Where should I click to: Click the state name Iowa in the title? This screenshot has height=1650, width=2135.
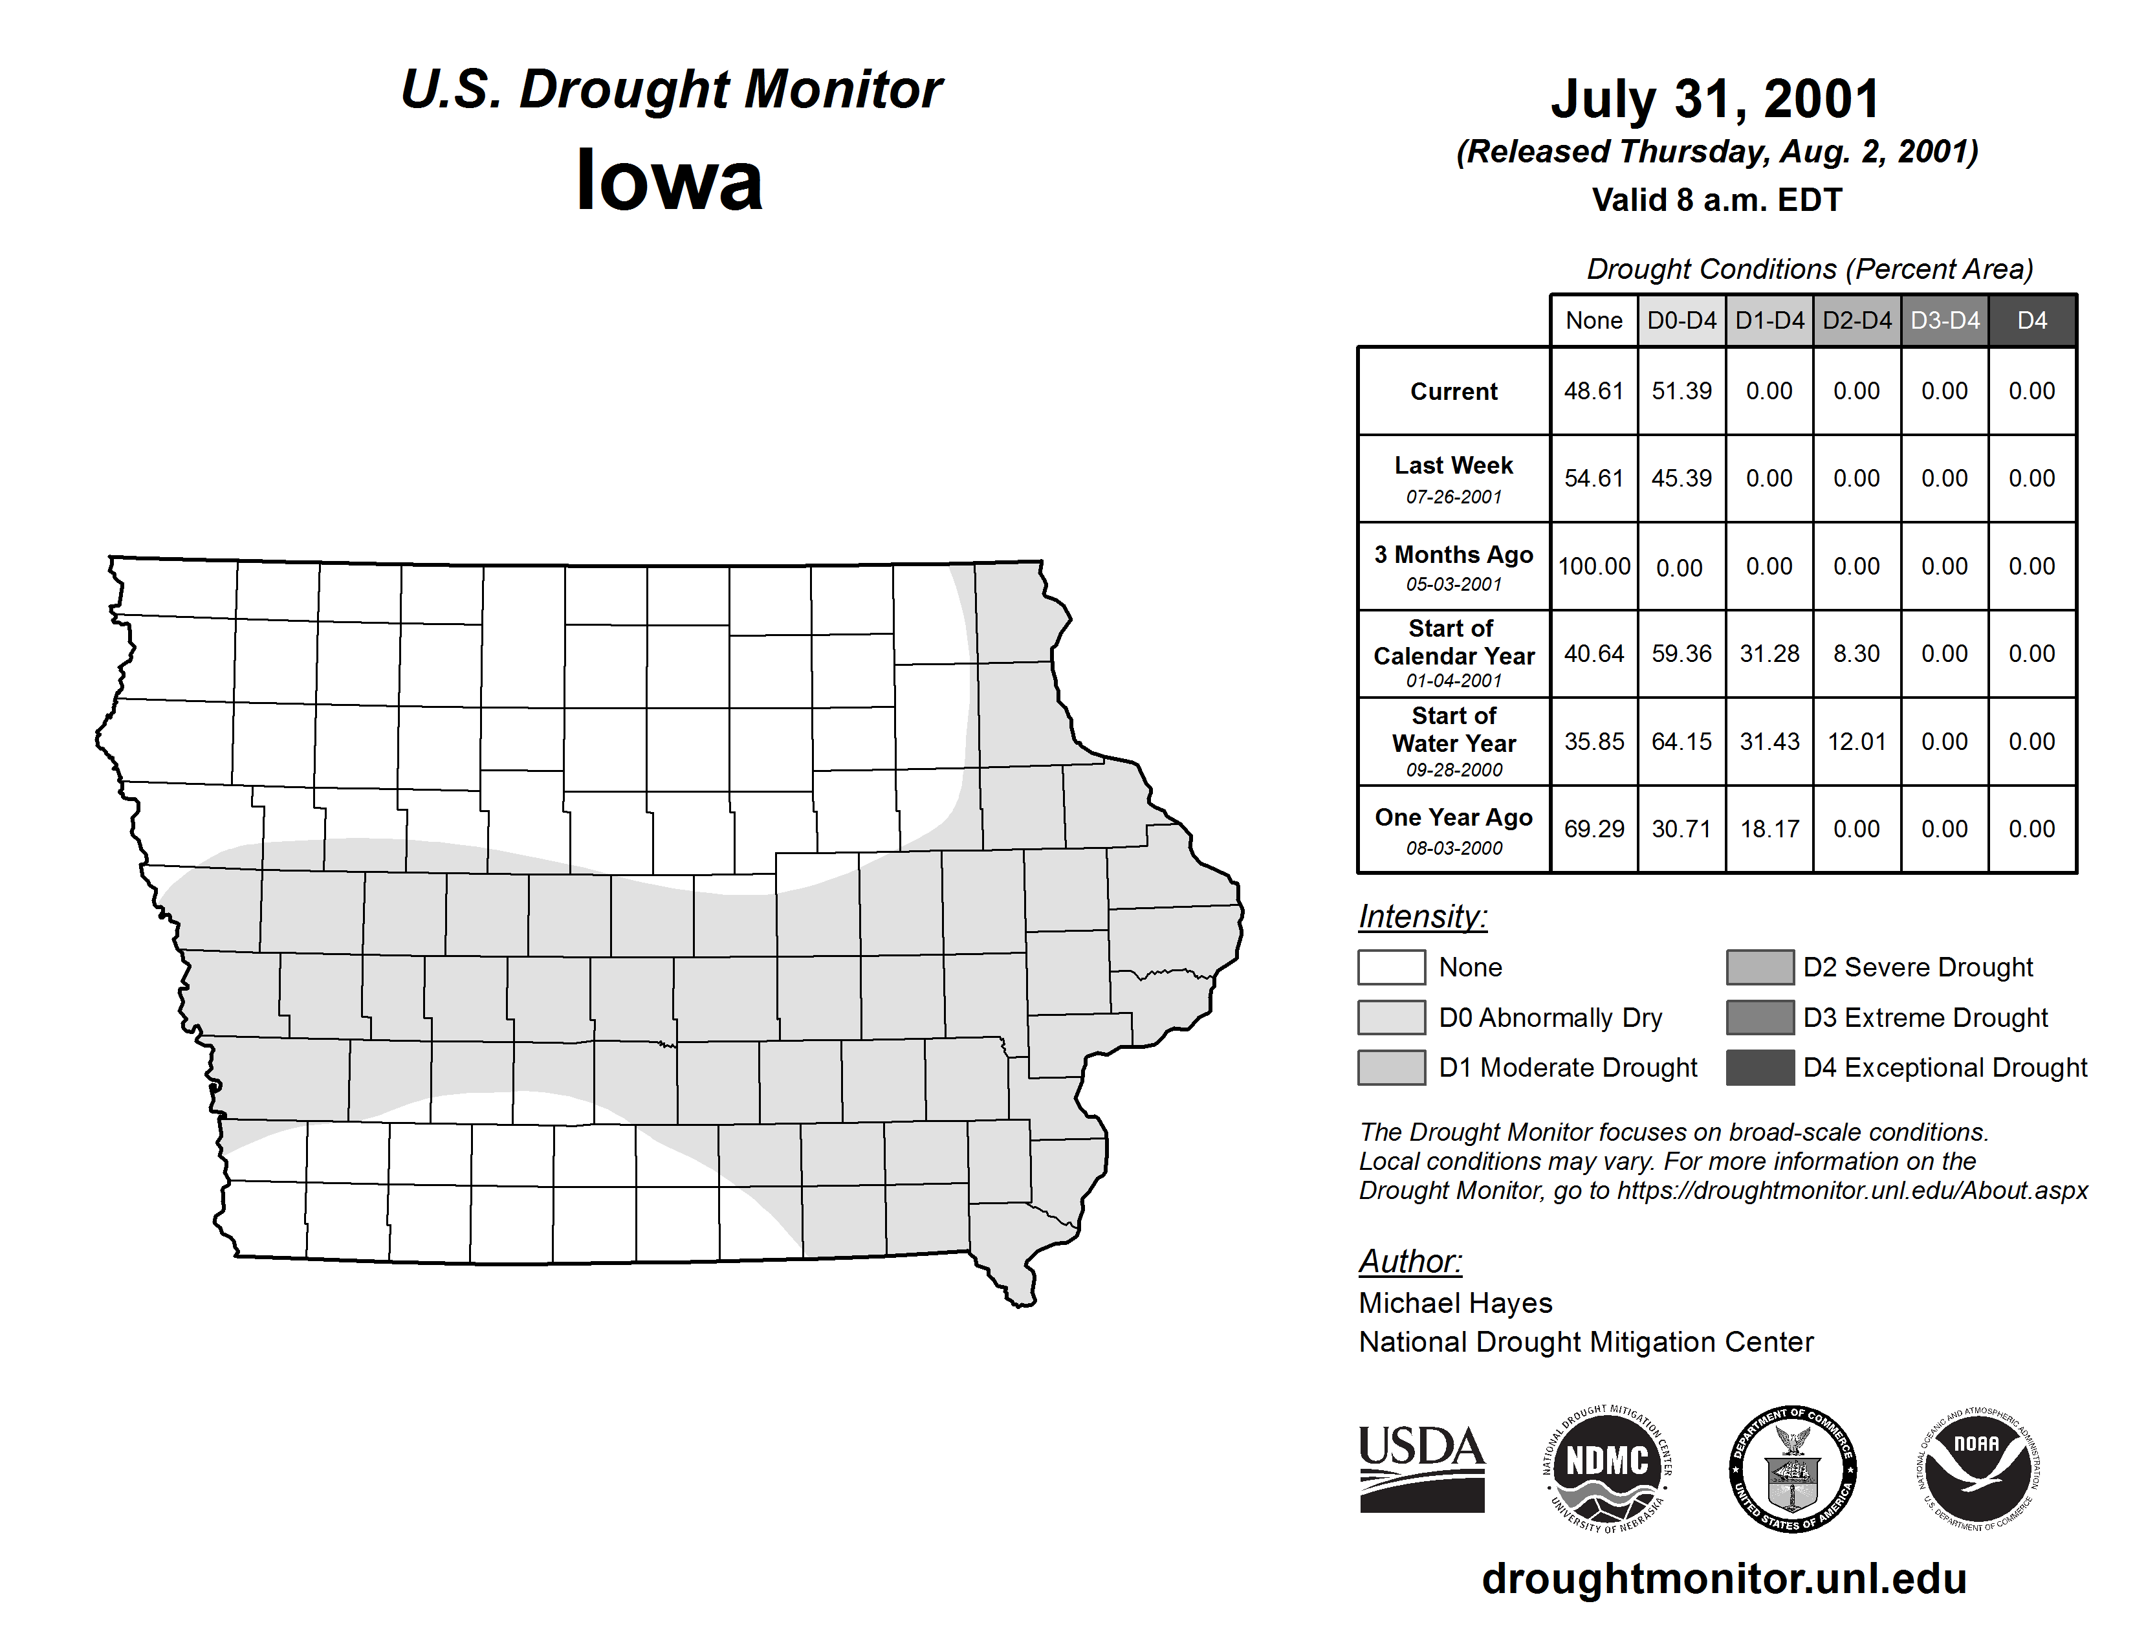click(x=670, y=181)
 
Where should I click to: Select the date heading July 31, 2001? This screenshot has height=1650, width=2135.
click(x=1716, y=99)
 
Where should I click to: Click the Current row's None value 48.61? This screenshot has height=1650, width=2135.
click(x=1593, y=391)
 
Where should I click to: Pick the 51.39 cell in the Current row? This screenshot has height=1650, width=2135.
click(x=1681, y=391)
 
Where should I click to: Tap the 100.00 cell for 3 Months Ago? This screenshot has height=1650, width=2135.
click(x=1593, y=567)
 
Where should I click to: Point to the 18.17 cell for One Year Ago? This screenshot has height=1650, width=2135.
click(x=1769, y=829)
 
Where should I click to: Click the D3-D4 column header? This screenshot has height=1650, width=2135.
click(x=1944, y=320)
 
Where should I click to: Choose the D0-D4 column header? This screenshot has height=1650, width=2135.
click(x=1681, y=320)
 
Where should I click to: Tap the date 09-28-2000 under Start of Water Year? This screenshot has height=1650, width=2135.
click(x=1454, y=770)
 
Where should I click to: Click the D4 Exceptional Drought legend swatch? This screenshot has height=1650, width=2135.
click(x=1760, y=1068)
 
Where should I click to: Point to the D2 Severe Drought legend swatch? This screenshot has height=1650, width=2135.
click(x=1760, y=967)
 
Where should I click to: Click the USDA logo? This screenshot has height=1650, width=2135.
click(x=1421, y=1468)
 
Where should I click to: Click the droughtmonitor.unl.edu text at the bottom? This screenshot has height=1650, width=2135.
click(x=1724, y=1579)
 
